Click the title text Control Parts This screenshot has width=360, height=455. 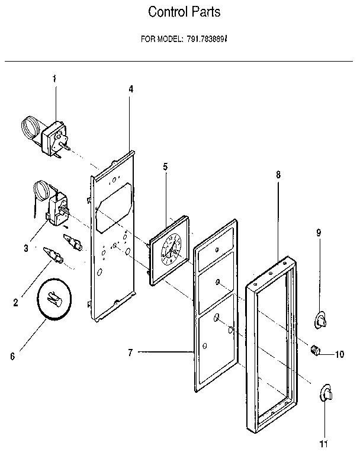coord(179,12)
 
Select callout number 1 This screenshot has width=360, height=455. coord(54,79)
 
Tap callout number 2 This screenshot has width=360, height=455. coord(15,302)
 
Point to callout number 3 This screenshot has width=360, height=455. coord(26,248)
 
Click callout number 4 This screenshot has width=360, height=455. coord(131,89)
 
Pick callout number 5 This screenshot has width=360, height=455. coord(166,167)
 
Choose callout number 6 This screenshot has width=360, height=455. coord(12,357)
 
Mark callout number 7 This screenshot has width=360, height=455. coord(130,353)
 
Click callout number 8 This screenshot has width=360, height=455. coord(278,175)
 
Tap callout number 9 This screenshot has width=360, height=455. coord(319,233)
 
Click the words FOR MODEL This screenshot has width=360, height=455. coord(157,40)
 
